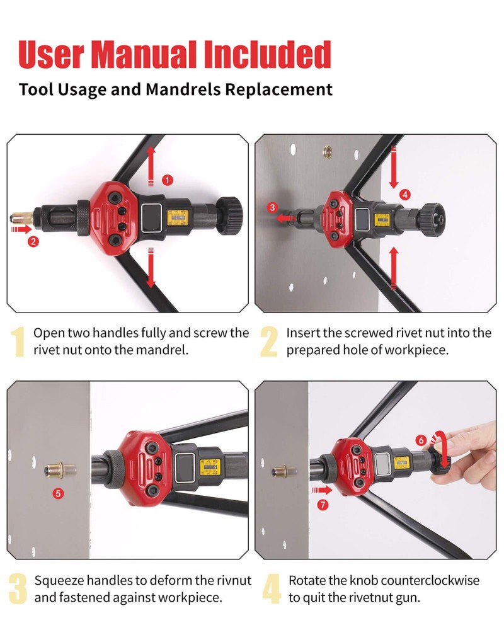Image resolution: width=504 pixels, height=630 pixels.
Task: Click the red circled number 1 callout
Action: (x=168, y=180)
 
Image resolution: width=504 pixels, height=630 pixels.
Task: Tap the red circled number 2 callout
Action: (x=33, y=241)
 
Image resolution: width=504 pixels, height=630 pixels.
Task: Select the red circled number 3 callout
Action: (x=273, y=207)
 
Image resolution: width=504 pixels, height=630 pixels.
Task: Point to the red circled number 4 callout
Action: (x=404, y=195)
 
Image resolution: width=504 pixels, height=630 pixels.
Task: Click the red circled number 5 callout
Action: (x=59, y=493)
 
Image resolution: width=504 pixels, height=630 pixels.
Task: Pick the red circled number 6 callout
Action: (x=421, y=440)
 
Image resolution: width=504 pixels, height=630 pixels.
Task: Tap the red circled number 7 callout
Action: (x=323, y=505)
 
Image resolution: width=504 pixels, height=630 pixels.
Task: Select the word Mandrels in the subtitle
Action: (x=183, y=89)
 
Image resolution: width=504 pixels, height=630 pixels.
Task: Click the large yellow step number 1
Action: (x=18, y=341)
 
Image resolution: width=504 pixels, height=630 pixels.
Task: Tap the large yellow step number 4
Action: (x=272, y=588)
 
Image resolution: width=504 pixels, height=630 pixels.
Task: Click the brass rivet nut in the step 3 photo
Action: (x=59, y=469)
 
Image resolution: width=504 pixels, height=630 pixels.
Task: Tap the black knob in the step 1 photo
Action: (x=231, y=215)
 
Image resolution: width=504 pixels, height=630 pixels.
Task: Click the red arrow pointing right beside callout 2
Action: (x=21, y=229)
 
